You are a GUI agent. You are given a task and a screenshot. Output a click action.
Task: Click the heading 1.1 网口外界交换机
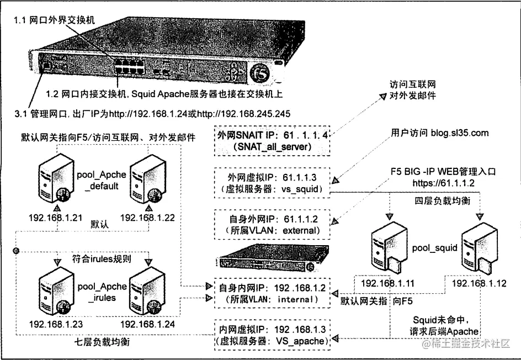click(55, 19)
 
